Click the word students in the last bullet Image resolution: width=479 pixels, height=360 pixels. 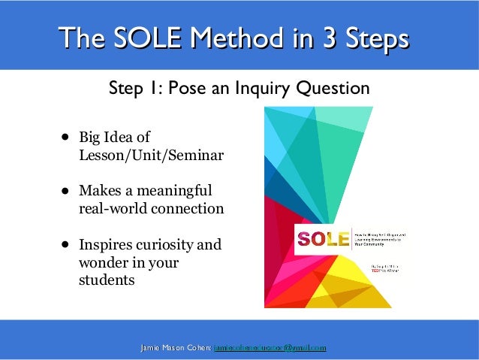[x=107, y=280]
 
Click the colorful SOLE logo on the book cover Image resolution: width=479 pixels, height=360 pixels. [x=324, y=240]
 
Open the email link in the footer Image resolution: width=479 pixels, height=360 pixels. [x=270, y=348]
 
